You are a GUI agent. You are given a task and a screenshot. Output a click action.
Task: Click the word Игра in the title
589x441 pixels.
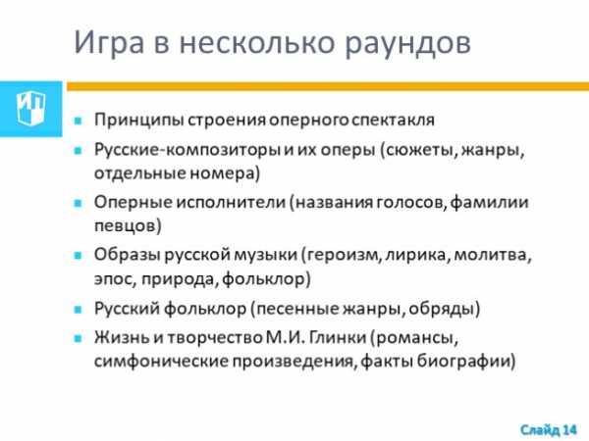click(109, 43)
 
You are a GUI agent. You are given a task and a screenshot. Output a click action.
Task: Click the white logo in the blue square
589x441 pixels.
click(30, 109)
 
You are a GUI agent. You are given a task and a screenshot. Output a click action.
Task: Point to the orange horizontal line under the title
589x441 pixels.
click(328, 86)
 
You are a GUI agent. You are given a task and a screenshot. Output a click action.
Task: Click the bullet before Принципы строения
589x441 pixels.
click(78, 121)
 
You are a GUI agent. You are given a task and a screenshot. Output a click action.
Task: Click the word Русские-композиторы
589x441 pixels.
click(187, 150)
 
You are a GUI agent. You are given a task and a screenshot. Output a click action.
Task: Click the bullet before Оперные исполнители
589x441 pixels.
click(78, 203)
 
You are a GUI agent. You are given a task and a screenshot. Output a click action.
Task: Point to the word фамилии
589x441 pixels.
click(489, 203)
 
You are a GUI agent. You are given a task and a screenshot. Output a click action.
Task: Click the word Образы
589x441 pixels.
click(127, 255)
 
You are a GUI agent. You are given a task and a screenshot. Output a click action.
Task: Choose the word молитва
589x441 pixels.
click(493, 256)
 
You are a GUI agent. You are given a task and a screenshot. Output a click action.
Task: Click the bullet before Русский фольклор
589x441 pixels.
click(78, 310)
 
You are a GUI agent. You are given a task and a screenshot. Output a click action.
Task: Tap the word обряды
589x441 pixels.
click(444, 309)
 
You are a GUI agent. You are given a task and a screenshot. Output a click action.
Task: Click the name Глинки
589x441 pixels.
click(338, 338)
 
